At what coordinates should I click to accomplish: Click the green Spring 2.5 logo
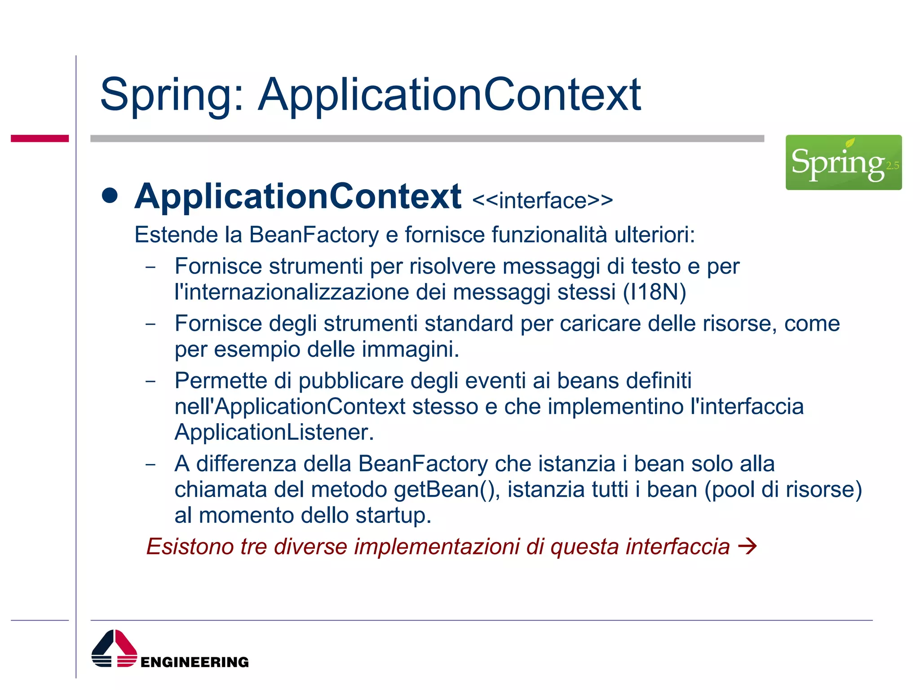click(843, 162)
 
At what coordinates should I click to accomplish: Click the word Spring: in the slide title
click(172, 95)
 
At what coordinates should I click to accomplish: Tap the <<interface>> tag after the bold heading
click(542, 200)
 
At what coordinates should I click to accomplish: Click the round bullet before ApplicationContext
click(110, 196)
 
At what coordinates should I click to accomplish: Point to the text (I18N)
click(654, 292)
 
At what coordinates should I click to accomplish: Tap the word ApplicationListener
click(274, 432)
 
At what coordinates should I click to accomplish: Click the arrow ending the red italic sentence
click(747, 547)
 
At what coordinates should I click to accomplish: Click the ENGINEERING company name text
click(195, 662)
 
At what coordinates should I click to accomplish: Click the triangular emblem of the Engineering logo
click(114, 648)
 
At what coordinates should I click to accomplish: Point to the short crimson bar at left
click(40, 138)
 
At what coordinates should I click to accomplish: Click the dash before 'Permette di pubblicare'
click(150, 381)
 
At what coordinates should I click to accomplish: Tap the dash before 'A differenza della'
click(150, 464)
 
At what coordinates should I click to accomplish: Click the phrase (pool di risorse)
click(783, 490)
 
